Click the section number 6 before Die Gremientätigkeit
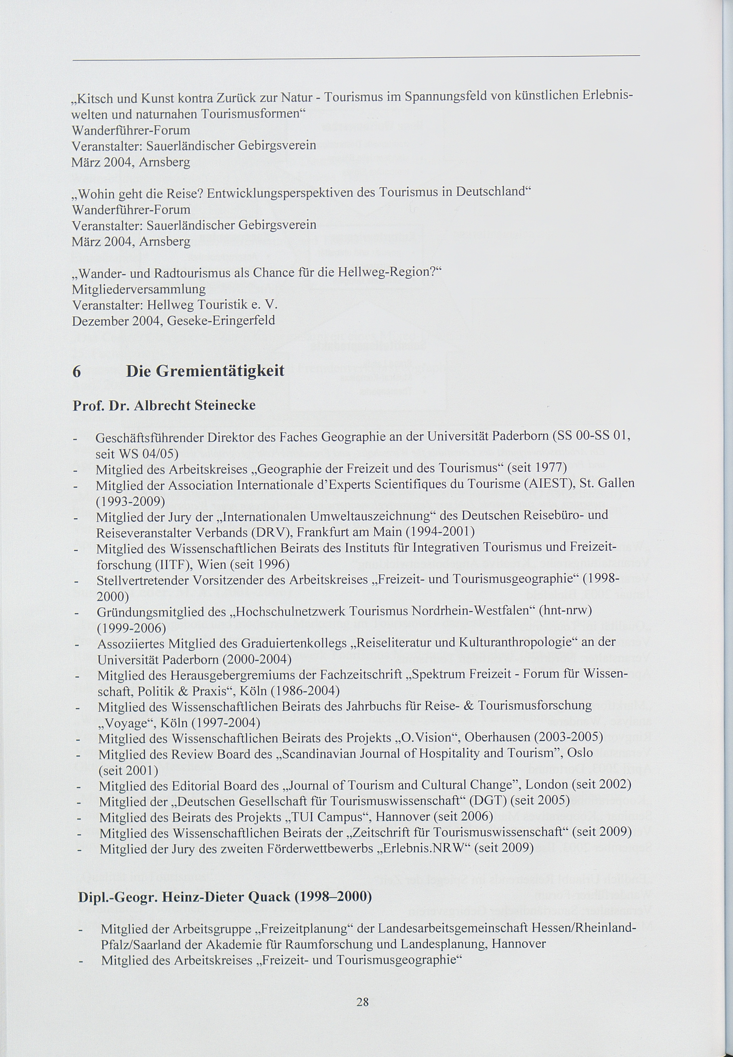click(x=77, y=371)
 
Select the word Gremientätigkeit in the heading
click(x=220, y=371)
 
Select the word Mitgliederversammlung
click(x=139, y=289)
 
